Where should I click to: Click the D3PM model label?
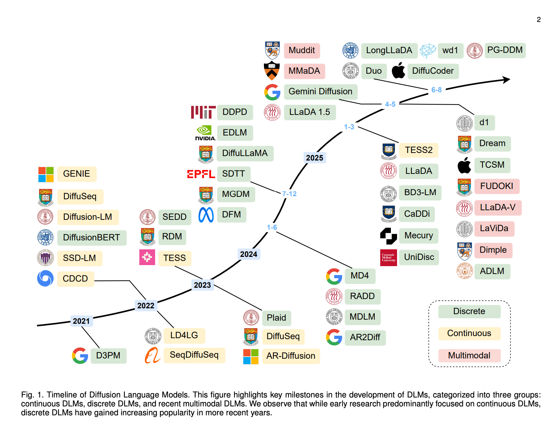[x=108, y=355]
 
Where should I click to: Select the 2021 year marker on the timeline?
[x=81, y=321]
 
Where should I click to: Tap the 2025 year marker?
[x=314, y=158]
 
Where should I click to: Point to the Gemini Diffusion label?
[x=320, y=92]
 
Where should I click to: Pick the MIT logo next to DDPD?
[x=203, y=112]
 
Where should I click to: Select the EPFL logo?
[x=201, y=174]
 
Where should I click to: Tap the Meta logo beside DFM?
[x=206, y=215]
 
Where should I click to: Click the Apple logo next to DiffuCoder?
[x=398, y=71]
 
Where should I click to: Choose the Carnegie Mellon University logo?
[x=388, y=258]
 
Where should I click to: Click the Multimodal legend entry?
[x=469, y=355]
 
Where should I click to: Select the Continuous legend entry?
[x=469, y=333]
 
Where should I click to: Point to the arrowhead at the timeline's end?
[x=507, y=80]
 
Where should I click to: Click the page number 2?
[x=538, y=20]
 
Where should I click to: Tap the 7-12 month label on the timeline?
[x=289, y=194]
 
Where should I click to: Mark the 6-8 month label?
[x=436, y=90]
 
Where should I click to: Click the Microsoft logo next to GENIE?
[x=46, y=174]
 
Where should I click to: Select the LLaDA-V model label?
[x=498, y=207]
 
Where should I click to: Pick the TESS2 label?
[x=418, y=150]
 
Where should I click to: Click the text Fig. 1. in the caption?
[x=32, y=395]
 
